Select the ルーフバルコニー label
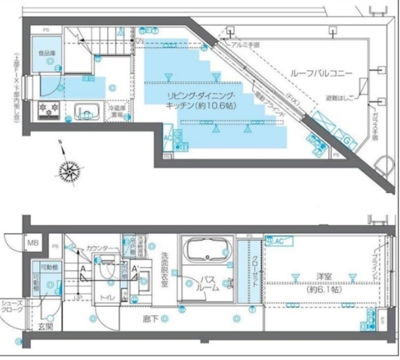click(x=318, y=71)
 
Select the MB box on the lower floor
click(x=32, y=243)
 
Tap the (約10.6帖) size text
click(x=217, y=106)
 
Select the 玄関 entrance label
click(x=45, y=327)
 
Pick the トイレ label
click(x=108, y=297)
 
